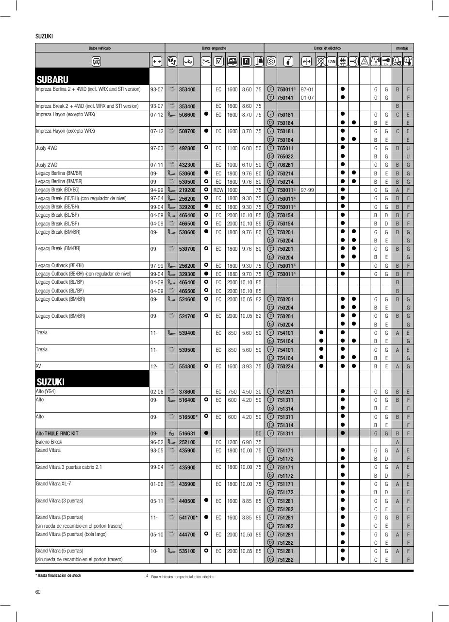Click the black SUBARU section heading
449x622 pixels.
pos(52,80)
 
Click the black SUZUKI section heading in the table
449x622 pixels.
pos(50,382)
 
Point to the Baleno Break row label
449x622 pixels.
pos(49,442)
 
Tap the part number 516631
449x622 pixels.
pos(187,434)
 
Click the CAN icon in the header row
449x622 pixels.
pos(332,61)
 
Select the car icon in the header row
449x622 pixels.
pos(97,61)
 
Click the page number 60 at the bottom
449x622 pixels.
pos(38,591)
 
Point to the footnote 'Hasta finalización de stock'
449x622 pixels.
pos(60,575)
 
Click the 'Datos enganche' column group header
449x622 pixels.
pos(214,48)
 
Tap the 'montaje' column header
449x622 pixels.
pos(402,48)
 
